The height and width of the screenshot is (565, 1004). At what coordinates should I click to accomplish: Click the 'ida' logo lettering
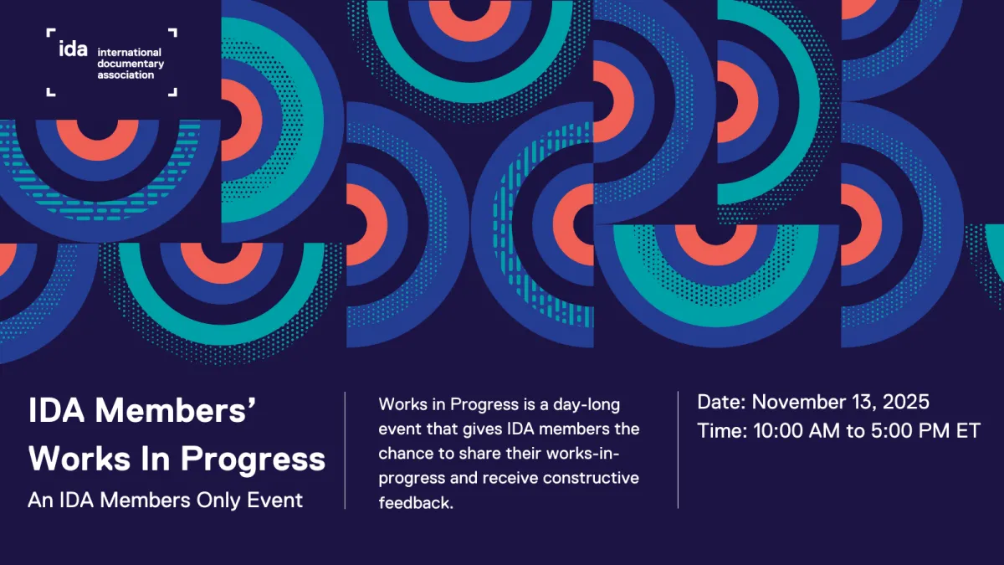pos(73,49)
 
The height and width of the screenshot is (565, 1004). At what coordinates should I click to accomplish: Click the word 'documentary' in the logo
pos(131,64)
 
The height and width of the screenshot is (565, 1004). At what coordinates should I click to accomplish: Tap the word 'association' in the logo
pos(126,75)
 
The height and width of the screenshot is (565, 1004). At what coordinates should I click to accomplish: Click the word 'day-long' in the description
pos(590,405)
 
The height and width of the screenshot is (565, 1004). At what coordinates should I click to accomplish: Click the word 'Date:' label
pos(722,402)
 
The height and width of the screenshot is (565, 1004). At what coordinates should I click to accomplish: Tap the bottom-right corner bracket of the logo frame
pos(172,92)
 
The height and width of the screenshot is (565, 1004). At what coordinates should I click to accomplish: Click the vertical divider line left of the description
pos(346,450)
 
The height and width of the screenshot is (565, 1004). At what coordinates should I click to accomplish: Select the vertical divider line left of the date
pos(678,450)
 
